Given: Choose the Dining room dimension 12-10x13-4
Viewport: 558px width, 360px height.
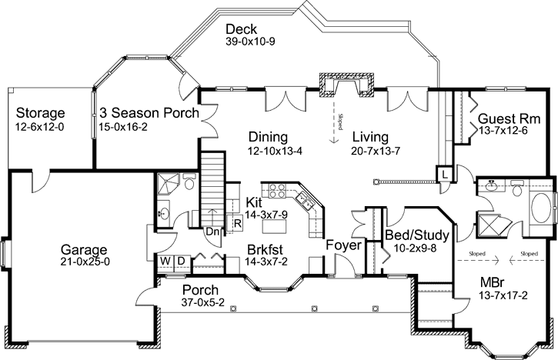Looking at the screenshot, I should [275, 151].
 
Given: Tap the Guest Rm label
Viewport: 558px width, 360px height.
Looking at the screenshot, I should [509, 119].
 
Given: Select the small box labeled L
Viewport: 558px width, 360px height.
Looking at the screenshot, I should [446, 174].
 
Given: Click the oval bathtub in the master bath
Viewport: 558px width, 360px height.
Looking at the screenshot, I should [543, 207].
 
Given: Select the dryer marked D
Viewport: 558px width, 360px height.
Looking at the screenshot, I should [180, 261].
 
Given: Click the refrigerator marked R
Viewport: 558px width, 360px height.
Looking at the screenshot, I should [239, 225].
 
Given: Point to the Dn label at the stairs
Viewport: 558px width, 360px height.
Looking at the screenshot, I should [212, 229].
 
